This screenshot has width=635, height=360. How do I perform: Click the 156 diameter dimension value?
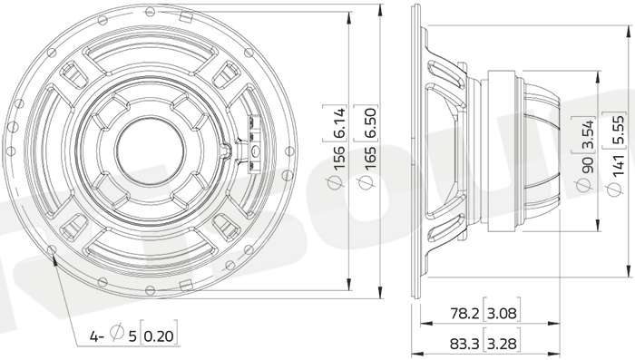coord(339,157)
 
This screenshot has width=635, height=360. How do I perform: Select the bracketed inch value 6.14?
coord(339,122)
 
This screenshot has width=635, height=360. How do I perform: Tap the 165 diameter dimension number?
coord(370,157)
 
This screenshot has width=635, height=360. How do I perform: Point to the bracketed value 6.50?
coord(370,122)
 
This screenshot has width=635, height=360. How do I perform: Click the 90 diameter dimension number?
coord(587,164)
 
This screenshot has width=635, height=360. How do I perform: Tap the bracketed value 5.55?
coord(618,130)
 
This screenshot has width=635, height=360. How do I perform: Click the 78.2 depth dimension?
coord(464,313)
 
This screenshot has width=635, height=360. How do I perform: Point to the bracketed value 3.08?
coord(502,313)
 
